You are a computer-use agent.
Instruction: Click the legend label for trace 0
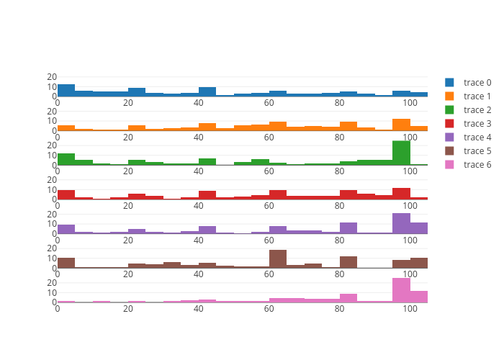[x=477, y=83]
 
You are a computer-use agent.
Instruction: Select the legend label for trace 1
[x=477, y=96]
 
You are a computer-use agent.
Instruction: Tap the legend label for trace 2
[x=477, y=110]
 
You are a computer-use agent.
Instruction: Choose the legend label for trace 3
[x=477, y=124]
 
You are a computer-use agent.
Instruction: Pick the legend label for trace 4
[x=477, y=138]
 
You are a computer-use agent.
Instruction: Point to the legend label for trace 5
[x=477, y=151]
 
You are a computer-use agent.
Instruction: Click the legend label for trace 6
[x=477, y=165]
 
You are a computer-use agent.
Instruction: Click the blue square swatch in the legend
[x=450, y=83]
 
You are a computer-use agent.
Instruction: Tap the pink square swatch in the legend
[x=450, y=165]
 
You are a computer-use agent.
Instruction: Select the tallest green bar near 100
[x=401, y=153]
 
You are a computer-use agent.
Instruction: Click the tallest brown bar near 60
[x=278, y=259]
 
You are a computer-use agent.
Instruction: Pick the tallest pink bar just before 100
[x=401, y=290]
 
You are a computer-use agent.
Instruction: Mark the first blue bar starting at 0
[x=66, y=91]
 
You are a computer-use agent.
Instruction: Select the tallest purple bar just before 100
[x=401, y=223]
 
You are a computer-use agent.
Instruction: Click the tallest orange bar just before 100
[x=401, y=125]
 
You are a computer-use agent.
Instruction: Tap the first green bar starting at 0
[x=66, y=159]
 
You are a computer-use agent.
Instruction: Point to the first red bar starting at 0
[x=66, y=194]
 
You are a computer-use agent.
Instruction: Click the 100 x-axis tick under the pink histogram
[x=410, y=309]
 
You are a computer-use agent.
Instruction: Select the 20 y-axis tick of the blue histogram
[x=52, y=77]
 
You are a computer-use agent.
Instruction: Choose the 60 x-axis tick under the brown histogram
[x=269, y=274]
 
